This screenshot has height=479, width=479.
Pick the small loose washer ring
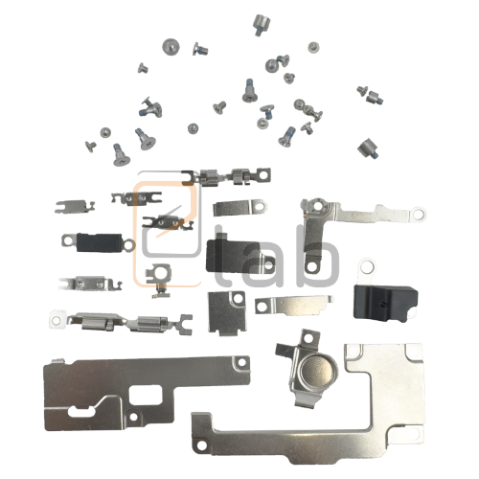coord(365,262)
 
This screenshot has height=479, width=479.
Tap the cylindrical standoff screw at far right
coord(367,147)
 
